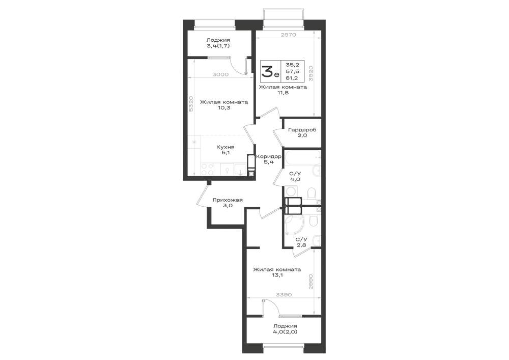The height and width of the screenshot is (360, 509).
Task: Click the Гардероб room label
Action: pyautogui.click(x=302, y=130)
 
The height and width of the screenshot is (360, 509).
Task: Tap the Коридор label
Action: pyautogui.click(x=269, y=156)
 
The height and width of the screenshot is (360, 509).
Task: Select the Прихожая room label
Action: pyautogui.click(x=228, y=200)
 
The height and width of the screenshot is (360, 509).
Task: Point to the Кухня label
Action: pyautogui.click(x=225, y=147)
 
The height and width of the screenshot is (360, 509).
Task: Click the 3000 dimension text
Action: pyautogui.click(x=220, y=74)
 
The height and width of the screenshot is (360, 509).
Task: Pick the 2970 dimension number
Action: pyautogui.click(x=288, y=35)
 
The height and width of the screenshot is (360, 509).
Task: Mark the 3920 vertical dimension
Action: pyautogui.click(x=310, y=73)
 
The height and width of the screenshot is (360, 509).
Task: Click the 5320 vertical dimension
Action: pyautogui.click(x=191, y=104)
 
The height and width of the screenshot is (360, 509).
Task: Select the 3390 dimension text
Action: pyautogui.click(x=284, y=295)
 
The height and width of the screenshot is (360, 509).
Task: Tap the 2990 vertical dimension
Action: pyautogui.click(x=310, y=282)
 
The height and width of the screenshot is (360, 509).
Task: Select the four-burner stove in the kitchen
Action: pyautogui.click(x=208, y=169)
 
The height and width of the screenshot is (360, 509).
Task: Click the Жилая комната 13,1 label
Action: pyautogui.click(x=277, y=272)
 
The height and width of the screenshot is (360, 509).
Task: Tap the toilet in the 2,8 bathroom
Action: pyautogui.click(x=313, y=221)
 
